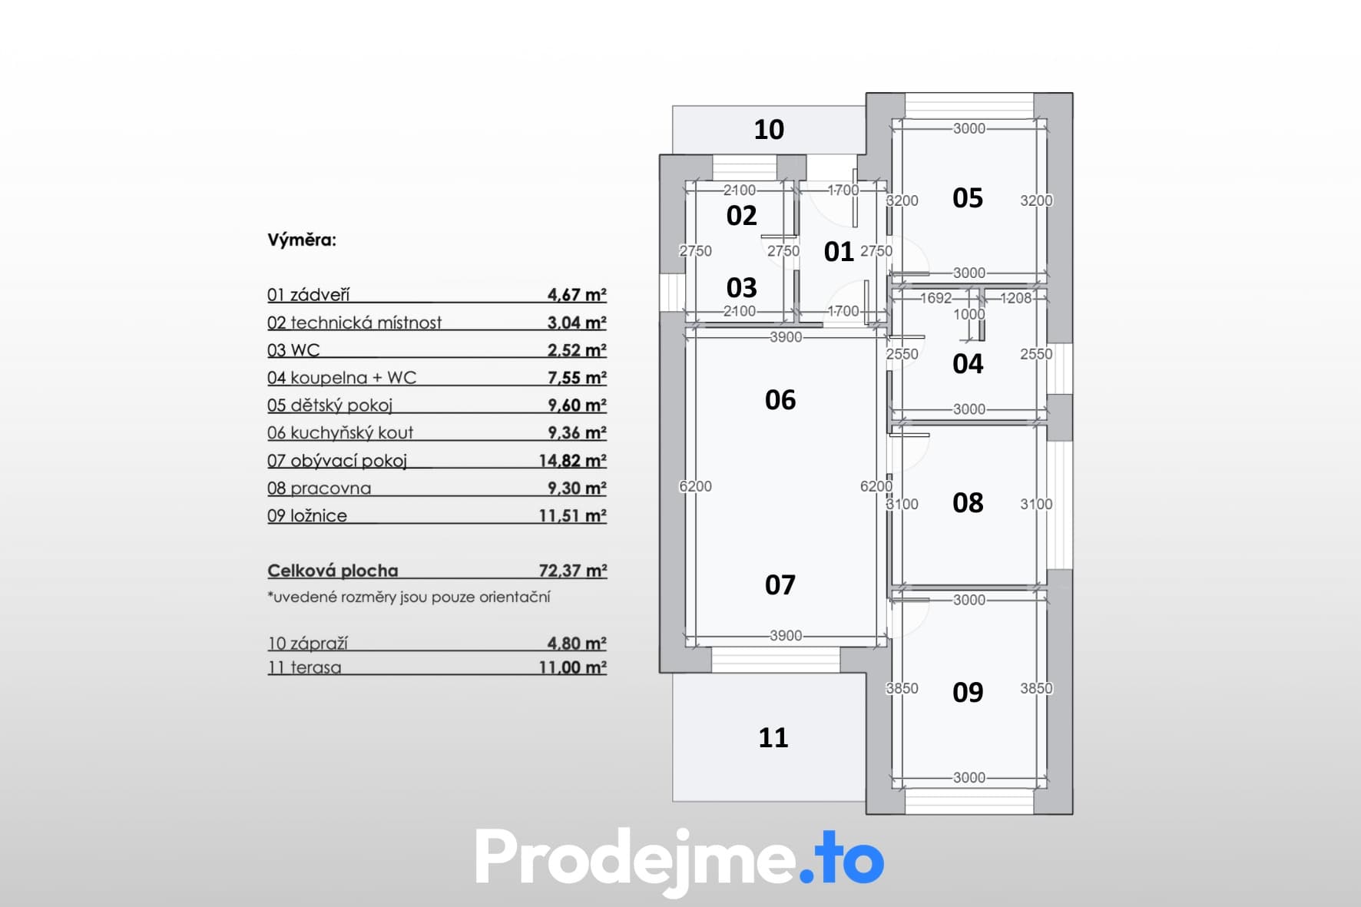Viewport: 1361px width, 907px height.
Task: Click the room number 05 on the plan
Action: tap(968, 198)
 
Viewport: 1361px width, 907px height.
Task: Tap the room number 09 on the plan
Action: tap(968, 693)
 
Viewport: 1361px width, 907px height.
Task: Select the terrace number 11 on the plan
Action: tap(773, 738)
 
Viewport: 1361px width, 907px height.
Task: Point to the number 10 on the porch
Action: tap(769, 130)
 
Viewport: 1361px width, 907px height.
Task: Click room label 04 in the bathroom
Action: tap(968, 364)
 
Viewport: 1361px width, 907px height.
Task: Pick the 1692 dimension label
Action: tap(935, 298)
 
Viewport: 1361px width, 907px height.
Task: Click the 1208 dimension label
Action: tap(1016, 298)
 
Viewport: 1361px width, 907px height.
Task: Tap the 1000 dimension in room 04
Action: tap(969, 314)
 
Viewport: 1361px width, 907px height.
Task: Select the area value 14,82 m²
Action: tap(573, 461)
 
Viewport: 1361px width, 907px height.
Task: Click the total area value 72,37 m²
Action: tap(573, 571)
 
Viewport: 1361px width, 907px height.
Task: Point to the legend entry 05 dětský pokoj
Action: tap(329, 406)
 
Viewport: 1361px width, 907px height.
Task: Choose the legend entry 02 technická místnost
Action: tap(354, 323)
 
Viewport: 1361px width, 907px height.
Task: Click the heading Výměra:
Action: tap(302, 240)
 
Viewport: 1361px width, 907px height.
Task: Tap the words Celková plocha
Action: tap(333, 571)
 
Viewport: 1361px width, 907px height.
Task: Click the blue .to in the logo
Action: tap(842, 859)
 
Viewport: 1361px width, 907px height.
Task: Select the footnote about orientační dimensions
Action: tap(409, 597)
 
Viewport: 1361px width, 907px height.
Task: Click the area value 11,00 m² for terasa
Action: tap(573, 667)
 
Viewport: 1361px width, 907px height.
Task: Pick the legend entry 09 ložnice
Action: tap(307, 516)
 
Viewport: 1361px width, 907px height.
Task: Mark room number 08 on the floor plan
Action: tap(968, 503)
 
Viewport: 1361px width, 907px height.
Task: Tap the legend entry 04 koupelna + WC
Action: tap(342, 378)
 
